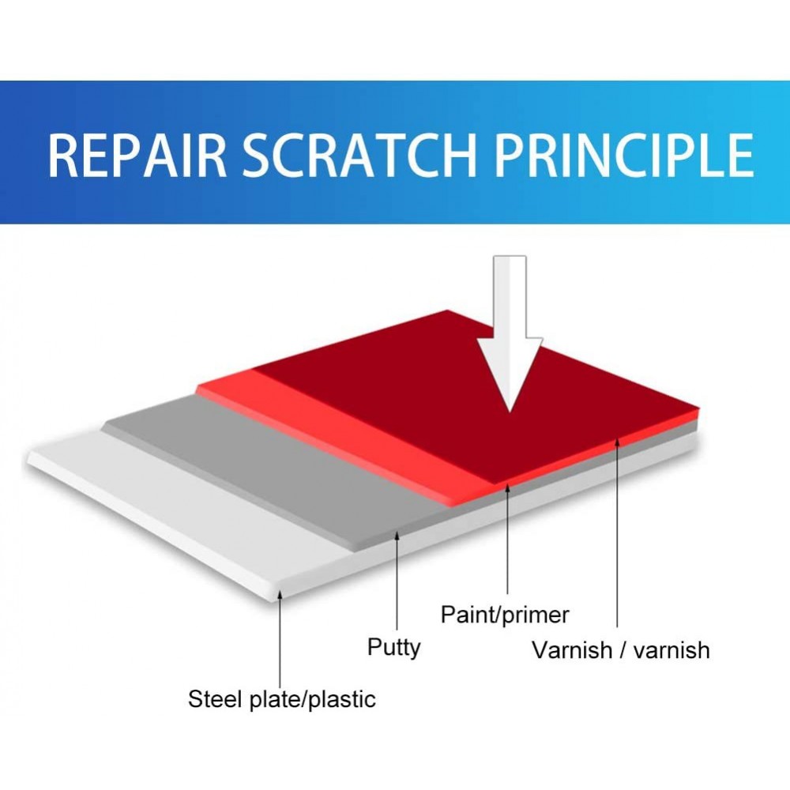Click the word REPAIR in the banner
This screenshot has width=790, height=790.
click(137, 155)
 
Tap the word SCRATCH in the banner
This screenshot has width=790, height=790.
click(359, 155)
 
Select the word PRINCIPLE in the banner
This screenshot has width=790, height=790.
click(623, 155)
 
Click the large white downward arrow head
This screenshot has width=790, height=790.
click(510, 374)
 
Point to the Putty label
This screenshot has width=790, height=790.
click(393, 648)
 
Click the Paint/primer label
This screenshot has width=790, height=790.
click(505, 615)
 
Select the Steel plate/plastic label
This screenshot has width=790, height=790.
click(282, 699)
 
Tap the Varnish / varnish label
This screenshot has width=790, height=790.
click(621, 650)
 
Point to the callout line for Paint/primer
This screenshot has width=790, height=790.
click(507, 538)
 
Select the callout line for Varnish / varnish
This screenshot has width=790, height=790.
click(617, 532)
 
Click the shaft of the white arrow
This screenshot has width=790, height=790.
click(510, 296)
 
